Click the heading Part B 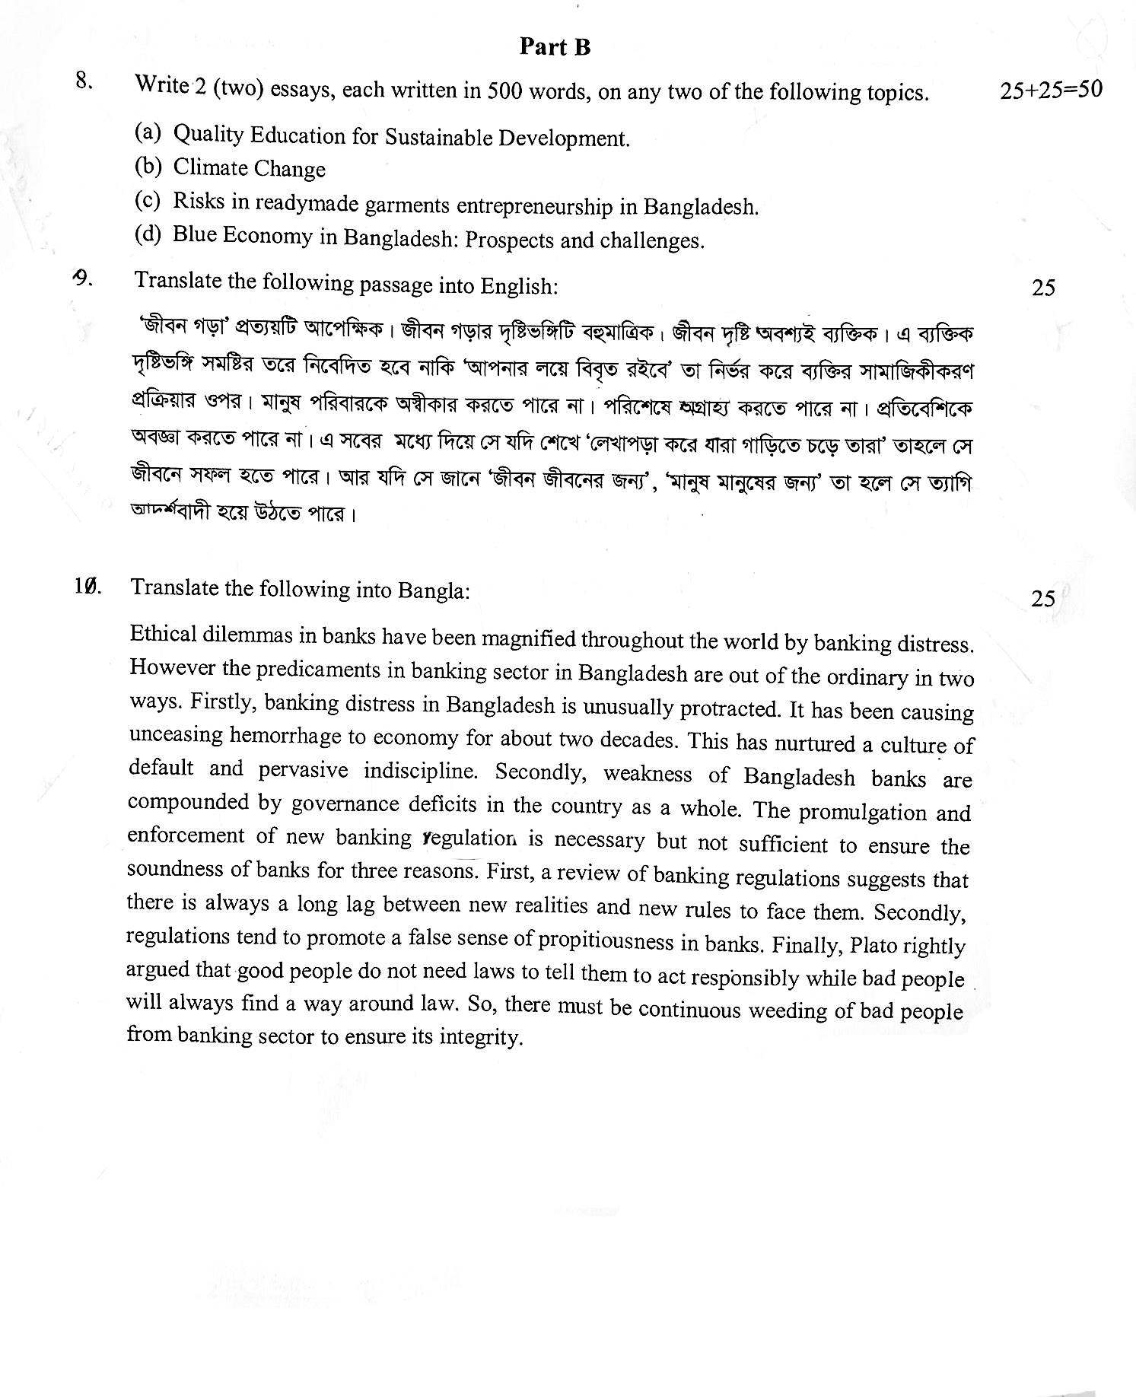[555, 47]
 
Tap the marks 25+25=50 [1051, 90]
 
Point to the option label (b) [148, 165]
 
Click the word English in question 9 [518, 286]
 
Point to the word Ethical [164, 634]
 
